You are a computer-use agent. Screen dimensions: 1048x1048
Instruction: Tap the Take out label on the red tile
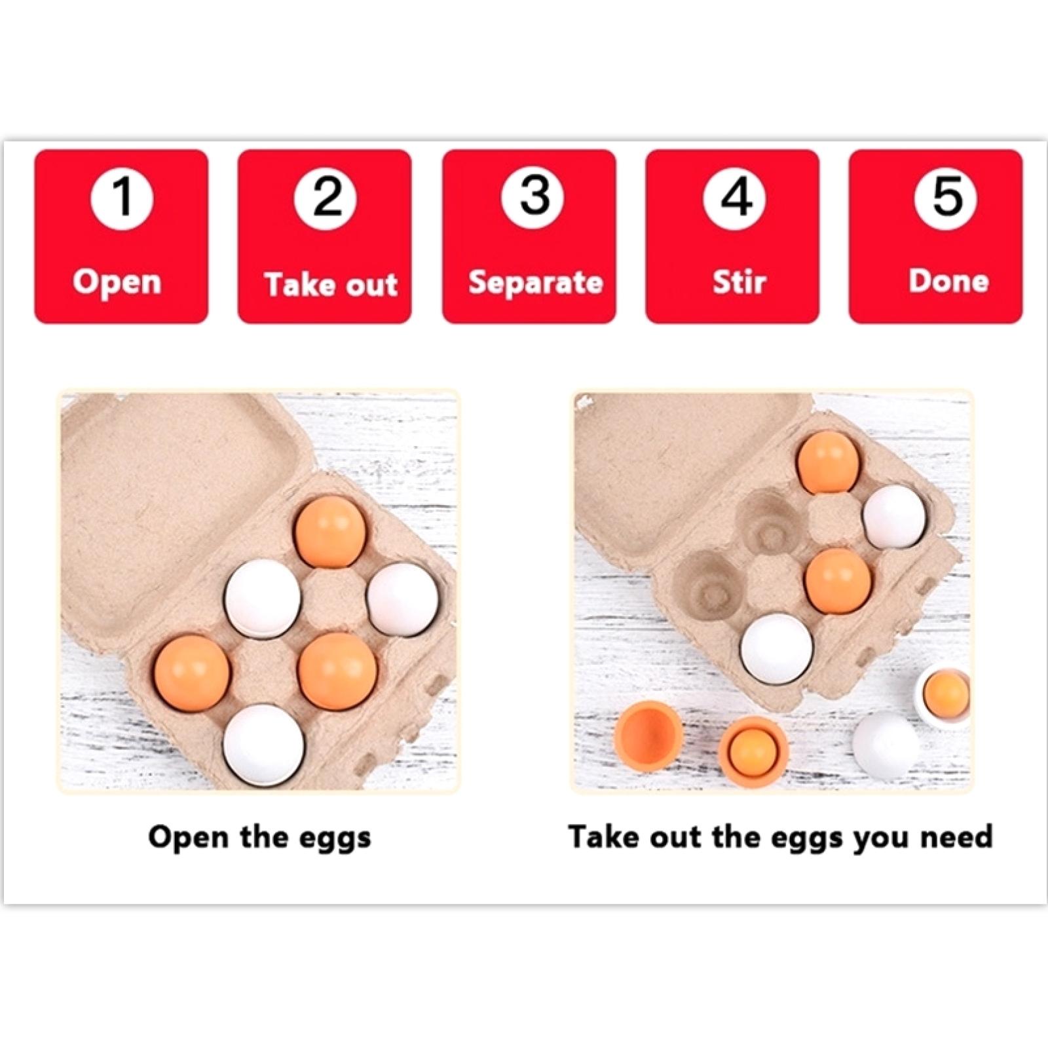click(331, 284)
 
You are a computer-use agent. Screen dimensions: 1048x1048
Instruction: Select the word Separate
click(536, 283)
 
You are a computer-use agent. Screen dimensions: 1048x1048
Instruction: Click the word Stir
click(739, 282)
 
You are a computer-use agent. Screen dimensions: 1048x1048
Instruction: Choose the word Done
click(948, 281)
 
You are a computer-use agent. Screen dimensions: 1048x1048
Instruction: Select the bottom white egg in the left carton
click(264, 744)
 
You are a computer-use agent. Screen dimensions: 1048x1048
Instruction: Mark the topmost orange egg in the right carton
click(828, 460)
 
